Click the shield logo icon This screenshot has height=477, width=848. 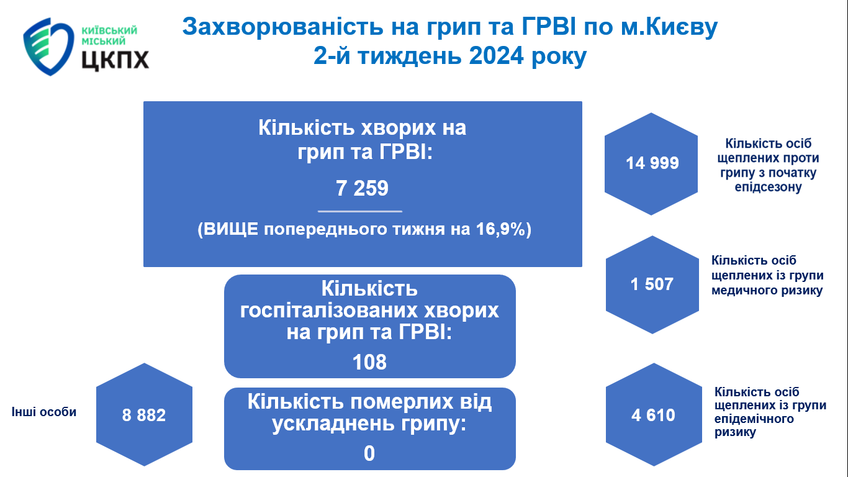(x=48, y=46)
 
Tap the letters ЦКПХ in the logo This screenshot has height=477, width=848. (x=115, y=60)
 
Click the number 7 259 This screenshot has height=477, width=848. (x=363, y=188)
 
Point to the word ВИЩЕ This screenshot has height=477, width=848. (x=232, y=229)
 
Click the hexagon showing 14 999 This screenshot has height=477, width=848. (x=651, y=164)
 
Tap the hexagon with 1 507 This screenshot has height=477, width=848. (x=652, y=284)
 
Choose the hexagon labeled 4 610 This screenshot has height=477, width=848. (x=654, y=414)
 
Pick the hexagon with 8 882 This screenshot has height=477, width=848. (x=144, y=414)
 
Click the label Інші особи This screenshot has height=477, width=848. (x=44, y=412)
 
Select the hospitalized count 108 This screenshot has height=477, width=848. (x=369, y=362)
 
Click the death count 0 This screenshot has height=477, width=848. (x=369, y=453)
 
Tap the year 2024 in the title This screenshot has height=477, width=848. (x=496, y=56)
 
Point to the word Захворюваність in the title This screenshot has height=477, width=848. (x=282, y=27)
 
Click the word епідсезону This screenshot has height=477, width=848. (x=768, y=187)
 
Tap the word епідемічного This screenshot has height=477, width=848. (x=754, y=419)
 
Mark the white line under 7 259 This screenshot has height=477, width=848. (x=360, y=211)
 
